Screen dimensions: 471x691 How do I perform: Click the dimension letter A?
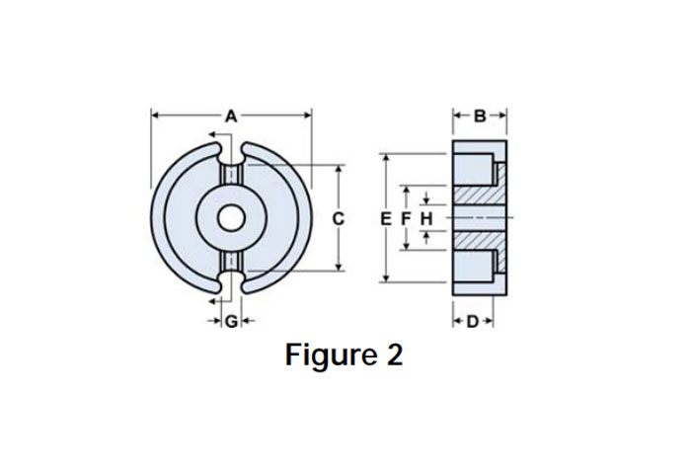coord(231,116)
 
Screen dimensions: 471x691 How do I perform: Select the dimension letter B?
coord(480,116)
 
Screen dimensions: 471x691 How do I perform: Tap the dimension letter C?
coord(338,218)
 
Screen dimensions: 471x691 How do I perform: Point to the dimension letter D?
coord(473,321)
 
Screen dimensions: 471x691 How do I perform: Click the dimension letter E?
coord(385,217)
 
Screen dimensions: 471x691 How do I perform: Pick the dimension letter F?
coord(405,217)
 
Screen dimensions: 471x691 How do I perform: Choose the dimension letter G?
coord(230,321)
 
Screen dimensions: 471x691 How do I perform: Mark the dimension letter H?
coord(425,217)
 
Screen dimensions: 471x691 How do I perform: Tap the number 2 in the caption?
coord(394,354)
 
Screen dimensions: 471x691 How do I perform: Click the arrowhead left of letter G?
coord(214,321)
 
